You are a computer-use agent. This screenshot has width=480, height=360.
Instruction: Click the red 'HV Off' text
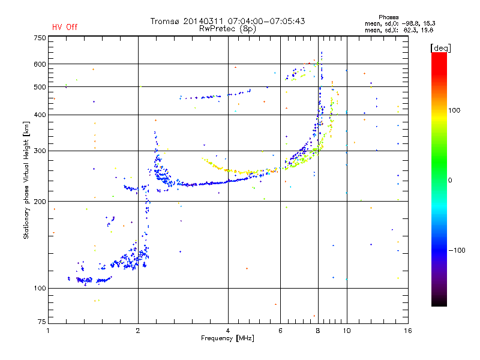click(65, 27)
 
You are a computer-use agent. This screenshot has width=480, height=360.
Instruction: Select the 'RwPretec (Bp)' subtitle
click(228, 28)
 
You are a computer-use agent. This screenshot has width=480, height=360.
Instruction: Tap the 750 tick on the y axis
click(40, 37)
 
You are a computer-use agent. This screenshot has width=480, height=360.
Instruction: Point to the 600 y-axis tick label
click(40, 64)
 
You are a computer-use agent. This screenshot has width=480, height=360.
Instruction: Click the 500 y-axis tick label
click(40, 86)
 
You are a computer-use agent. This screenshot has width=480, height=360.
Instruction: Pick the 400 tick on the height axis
click(40, 115)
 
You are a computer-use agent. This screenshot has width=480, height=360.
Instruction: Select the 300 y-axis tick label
click(40, 151)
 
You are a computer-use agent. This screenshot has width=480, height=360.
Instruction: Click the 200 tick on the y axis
click(40, 201)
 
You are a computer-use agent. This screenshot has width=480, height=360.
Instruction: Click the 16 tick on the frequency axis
click(407, 330)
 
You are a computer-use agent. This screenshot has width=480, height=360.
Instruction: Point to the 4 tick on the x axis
click(228, 330)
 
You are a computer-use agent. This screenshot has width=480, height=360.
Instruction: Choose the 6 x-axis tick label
click(280, 330)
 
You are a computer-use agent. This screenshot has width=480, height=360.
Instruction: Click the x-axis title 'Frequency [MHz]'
click(227, 338)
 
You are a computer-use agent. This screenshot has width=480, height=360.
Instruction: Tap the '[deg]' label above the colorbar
click(440, 47)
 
